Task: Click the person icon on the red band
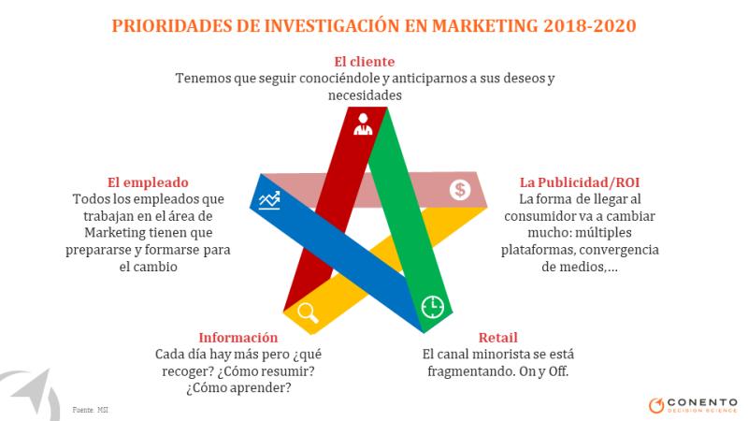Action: pos(363,124)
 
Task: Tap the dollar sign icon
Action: pos(460,190)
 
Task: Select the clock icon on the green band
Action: pos(433,307)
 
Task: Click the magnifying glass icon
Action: pos(309,312)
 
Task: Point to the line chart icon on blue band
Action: pos(269,200)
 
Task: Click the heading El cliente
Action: pos(365,62)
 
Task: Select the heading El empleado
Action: pos(148,182)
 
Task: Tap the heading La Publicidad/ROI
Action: pos(580,182)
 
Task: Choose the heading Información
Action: pos(238,338)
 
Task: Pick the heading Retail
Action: pos(498,338)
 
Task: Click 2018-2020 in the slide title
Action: pos(590,26)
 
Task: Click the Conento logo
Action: pos(693,405)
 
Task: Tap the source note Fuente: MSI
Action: pos(90,410)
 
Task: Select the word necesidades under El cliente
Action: pos(365,95)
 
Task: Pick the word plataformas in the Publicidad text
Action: pos(538,250)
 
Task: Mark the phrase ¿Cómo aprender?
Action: pos(238,387)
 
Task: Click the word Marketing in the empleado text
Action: pos(115,233)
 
